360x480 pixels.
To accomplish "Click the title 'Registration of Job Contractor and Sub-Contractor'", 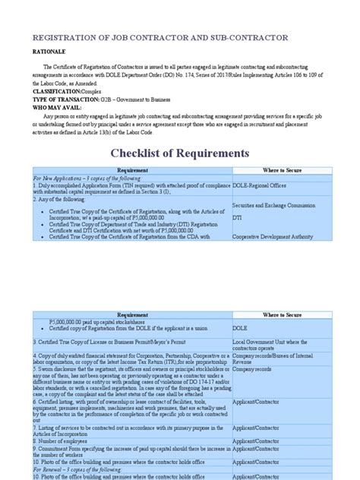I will click(x=158, y=37).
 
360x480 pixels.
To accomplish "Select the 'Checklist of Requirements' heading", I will click(x=180, y=153).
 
